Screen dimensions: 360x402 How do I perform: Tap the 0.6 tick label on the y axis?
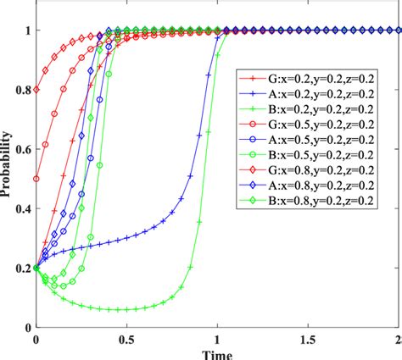pos(21,149)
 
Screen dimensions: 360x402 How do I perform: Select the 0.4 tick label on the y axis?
pos(21,208)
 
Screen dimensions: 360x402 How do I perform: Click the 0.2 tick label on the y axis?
pos(21,268)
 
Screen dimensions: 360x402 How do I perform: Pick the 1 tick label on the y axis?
pos(26,30)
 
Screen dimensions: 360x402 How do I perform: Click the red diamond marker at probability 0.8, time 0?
pos(36,90)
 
